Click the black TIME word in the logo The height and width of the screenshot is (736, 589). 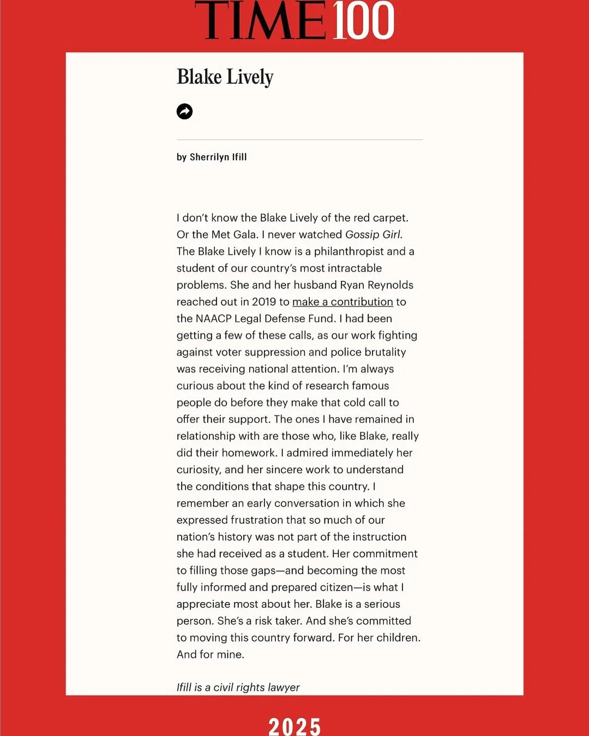click(260, 21)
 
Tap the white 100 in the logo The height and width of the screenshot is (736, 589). click(363, 21)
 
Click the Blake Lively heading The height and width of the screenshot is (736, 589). click(225, 77)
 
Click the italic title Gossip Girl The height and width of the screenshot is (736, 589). click(373, 234)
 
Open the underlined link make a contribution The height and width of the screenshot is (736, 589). click(342, 302)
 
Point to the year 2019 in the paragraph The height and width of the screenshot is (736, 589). click(264, 302)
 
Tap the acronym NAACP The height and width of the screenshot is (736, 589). click(213, 318)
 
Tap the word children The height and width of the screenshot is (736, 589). click(398, 638)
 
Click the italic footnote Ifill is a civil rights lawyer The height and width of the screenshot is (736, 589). click(238, 687)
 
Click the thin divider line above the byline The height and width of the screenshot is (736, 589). click(299, 140)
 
